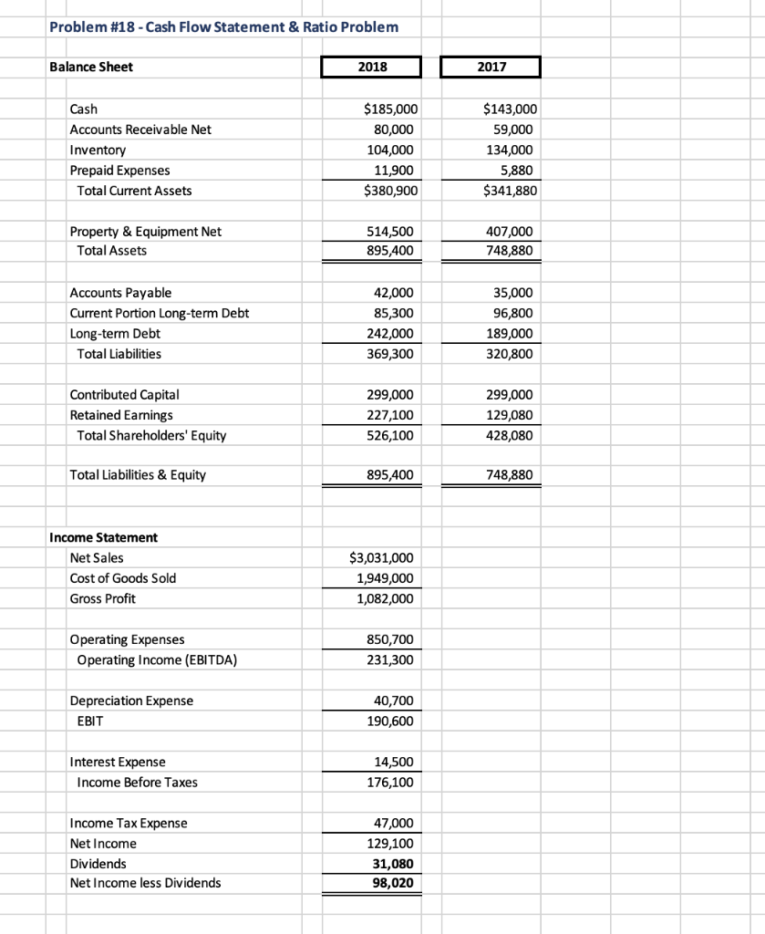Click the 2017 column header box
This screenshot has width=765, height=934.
pos(491,67)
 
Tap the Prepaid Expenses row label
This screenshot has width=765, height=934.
pos(119,171)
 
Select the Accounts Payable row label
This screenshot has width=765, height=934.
pos(120,293)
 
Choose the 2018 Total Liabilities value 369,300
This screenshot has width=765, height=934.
pos(392,354)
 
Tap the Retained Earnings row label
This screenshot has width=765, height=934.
pos(121,415)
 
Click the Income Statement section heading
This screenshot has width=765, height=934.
pos(103,537)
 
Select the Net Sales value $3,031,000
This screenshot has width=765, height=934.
pos(382,557)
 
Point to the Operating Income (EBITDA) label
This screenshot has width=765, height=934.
pos(157,659)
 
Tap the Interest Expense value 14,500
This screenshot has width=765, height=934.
pos(396,762)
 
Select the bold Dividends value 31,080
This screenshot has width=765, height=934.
pos(395,863)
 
